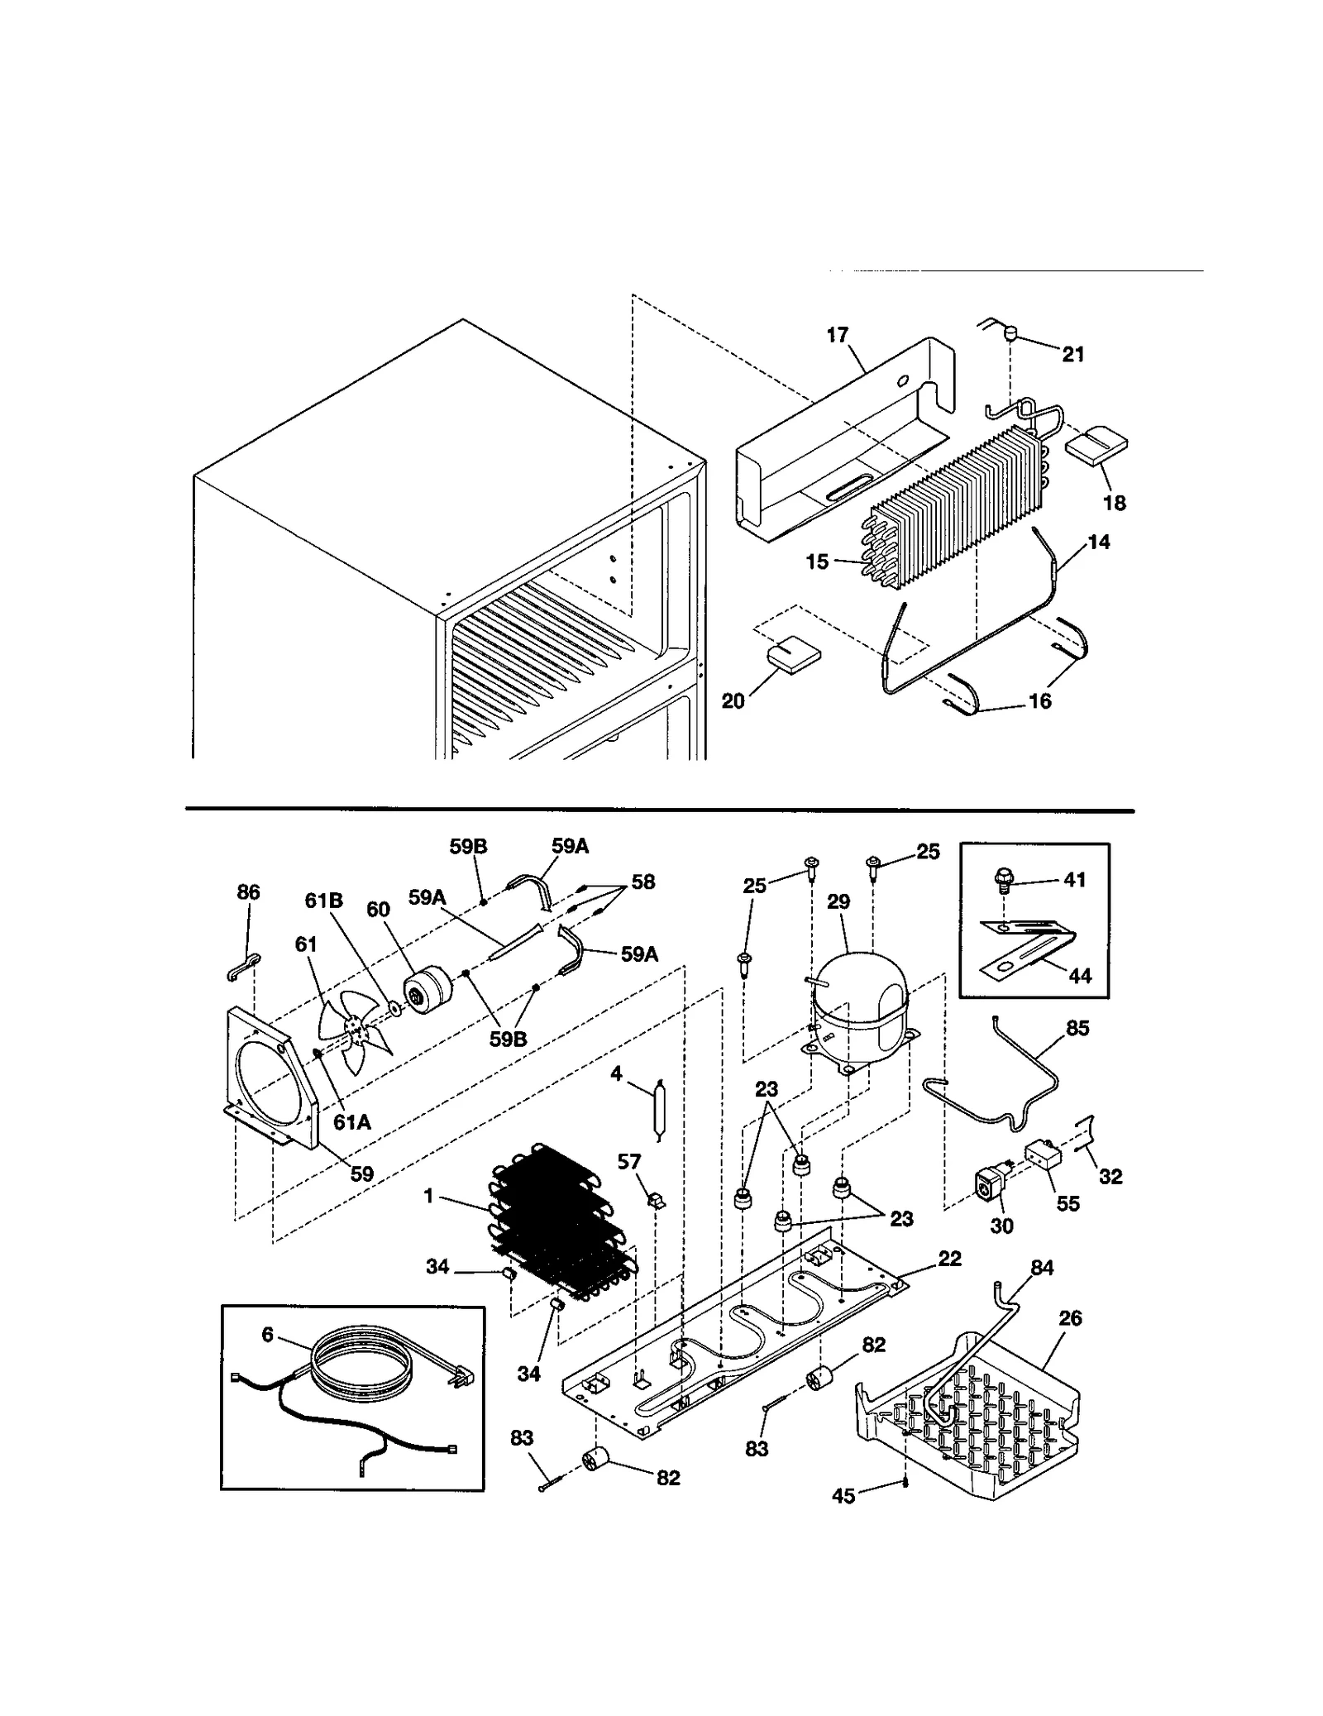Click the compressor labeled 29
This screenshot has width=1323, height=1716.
860,997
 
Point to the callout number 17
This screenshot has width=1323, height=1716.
837,335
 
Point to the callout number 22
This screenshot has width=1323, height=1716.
950,1259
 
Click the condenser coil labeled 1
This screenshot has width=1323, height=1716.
562,1232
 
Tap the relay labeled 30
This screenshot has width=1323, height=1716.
990,1188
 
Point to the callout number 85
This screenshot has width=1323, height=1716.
1077,1028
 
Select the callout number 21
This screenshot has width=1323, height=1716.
1072,354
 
